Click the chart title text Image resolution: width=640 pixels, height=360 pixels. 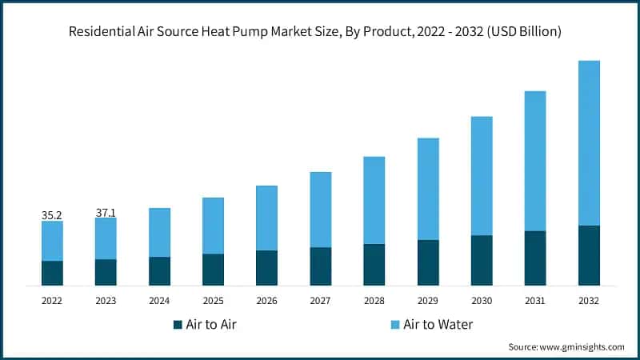[x=320, y=32]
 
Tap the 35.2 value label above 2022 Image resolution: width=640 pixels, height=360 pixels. [x=52, y=214]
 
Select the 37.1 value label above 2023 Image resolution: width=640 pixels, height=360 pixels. [x=106, y=212]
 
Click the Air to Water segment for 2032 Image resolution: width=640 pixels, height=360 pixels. [x=589, y=142]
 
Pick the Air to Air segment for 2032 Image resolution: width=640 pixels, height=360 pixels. [x=589, y=255]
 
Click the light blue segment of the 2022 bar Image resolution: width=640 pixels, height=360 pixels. [x=52, y=240]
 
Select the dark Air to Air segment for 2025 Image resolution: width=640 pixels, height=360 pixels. [x=213, y=270]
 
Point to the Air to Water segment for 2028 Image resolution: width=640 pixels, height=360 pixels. [x=374, y=200]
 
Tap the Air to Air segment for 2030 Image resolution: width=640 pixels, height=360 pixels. [x=482, y=260]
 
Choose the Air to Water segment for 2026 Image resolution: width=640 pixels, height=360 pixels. [x=266, y=218]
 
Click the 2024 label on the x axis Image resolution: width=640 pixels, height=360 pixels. [x=159, y=301]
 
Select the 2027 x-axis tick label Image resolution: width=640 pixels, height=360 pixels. [x=320, y=301]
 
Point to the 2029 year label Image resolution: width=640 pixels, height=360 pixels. [x=428, y=301]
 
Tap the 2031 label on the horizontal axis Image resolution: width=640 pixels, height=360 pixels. [x=535, y=301]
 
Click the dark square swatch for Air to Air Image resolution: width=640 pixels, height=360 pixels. [x=178, y=325]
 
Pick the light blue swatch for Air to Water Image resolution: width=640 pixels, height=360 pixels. [x=394, y=325]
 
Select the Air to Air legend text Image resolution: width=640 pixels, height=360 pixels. [x=211, y=325]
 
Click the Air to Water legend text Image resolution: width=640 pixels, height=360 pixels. [x=438, y=325]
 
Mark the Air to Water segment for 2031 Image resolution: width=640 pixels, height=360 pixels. [x=535, y=161]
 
